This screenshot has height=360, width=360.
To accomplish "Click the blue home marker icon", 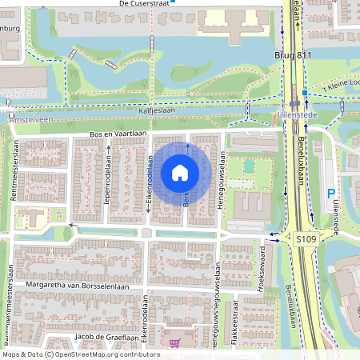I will pyautogui.click(x=180, y=172).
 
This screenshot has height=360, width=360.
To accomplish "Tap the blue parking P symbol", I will pyautogui.click(x=331, y=193).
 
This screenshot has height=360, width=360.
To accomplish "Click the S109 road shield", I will pyautogui.click(x=306, y=238).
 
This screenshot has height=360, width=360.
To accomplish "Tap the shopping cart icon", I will pyautogui.click(x=174, y=342).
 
